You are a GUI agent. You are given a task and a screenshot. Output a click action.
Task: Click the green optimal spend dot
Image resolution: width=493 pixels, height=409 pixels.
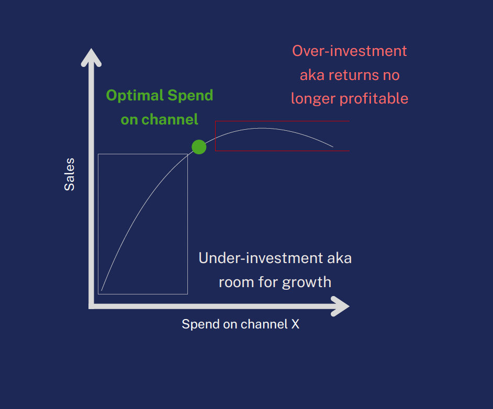pyautogui.click(x=199, y=147)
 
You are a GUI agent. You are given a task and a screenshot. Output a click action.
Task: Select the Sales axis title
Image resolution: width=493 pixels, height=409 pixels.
pyautogui.click(x=70, y=174)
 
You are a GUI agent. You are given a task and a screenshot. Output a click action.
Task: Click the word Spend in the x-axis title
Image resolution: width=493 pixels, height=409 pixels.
pyautogui.click(x=200, y=324)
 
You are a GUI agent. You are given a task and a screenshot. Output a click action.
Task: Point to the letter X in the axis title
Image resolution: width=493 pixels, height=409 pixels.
pyautogui.click(x=295, y=324)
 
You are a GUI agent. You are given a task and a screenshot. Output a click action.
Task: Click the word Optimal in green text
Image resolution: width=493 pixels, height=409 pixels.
pyautogui.click(x=135, y=96)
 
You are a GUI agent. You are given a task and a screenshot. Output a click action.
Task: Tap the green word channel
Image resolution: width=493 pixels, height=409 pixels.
pyautogui.click(x=170, y=119)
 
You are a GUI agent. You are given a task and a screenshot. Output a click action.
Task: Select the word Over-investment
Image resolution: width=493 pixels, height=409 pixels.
pyautogui.click(x=349, y=51)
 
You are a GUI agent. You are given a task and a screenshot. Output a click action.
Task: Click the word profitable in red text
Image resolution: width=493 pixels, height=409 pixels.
pyautogui.click(x=374, y=99)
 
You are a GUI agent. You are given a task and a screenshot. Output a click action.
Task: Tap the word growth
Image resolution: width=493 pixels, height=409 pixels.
pyautogui.click(x=307, y=282)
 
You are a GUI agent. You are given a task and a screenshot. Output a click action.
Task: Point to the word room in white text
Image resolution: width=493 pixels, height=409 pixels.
pyautogui.click(x=237, y=282)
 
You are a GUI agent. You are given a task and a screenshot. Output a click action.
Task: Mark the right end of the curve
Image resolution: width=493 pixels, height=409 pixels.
pyautogui.click(x=333, y=146)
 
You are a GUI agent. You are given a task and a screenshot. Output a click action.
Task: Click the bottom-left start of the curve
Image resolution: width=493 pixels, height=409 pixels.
pyautogui.click(x=101, y=291)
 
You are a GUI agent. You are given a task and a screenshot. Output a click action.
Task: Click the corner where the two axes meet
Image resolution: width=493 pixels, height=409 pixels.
pyautogui.click(x=91, y=306)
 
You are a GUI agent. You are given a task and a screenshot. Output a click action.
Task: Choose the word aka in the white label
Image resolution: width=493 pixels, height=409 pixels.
pyautogui.click(x=339, y=258)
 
